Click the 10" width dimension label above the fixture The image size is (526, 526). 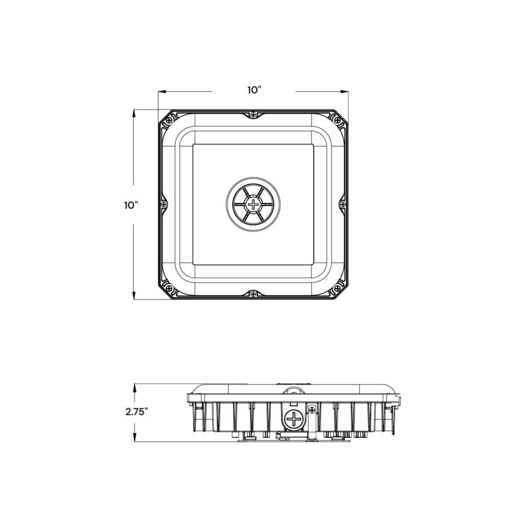254,90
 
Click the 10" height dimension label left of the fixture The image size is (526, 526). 130,206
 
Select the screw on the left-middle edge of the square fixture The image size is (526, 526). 163,204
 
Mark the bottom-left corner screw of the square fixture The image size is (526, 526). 166,286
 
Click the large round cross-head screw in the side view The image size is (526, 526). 294,420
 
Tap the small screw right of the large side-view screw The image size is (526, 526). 312,410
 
